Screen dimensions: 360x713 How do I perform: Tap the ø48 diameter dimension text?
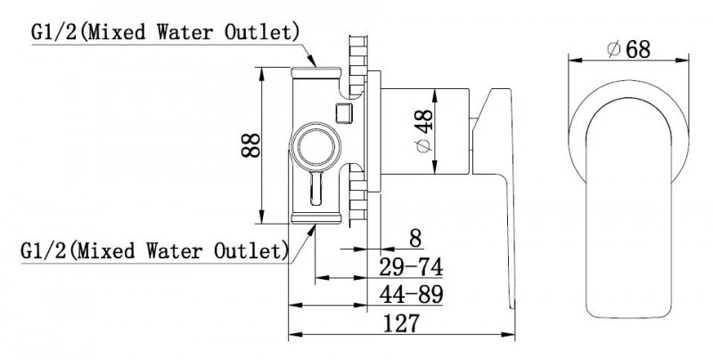coord(424,133)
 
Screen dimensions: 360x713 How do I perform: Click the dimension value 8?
coord(414,239)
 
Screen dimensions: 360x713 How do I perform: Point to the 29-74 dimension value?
coord(411,266)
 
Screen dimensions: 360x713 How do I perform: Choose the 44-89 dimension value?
coord(411,294)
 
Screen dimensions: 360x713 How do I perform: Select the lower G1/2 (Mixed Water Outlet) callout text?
coord(153,250)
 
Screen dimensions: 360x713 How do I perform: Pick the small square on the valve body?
coord(342,111)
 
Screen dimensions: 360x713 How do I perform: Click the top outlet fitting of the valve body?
coord(316,71)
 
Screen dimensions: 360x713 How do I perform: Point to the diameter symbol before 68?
coord(612,51)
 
